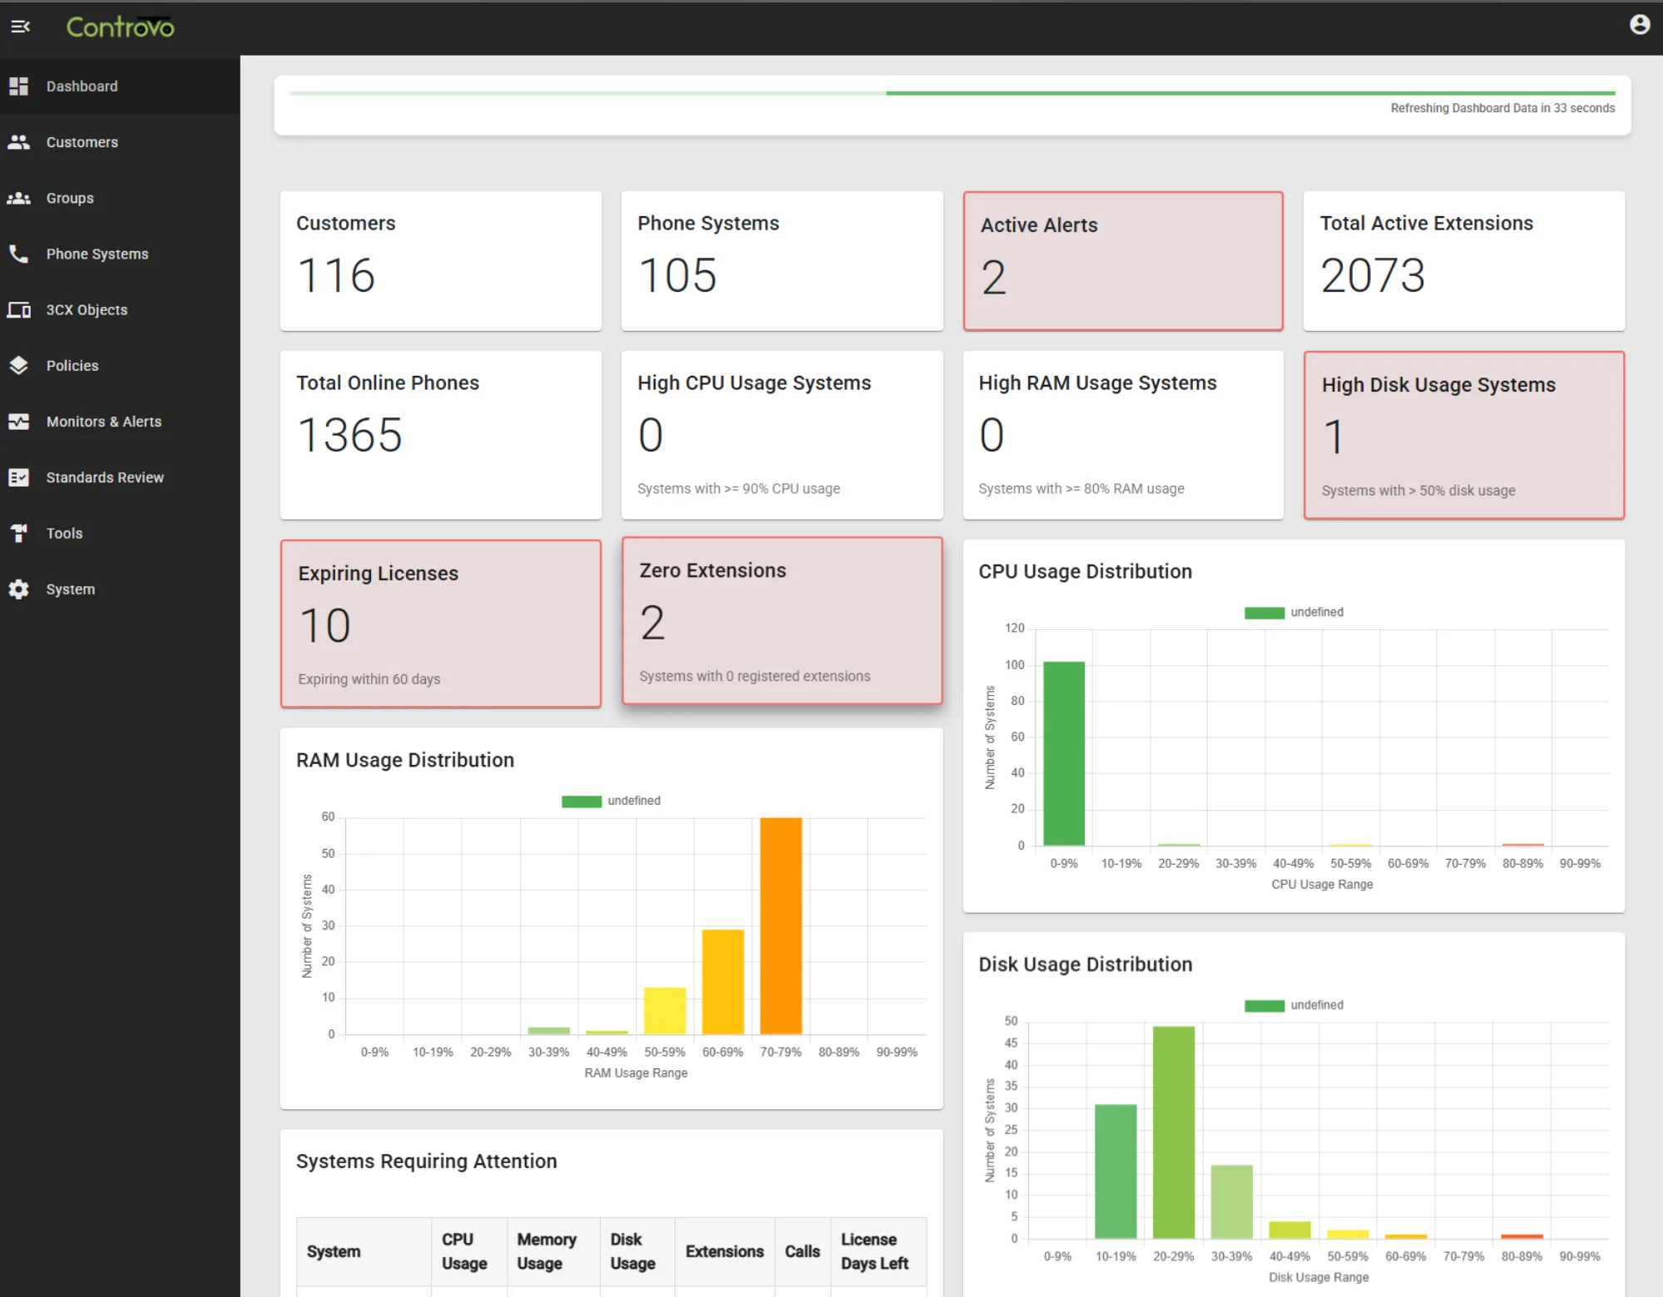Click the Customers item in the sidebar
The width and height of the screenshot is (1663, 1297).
point(82,142)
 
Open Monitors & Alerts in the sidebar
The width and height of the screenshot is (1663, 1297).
point(103,422)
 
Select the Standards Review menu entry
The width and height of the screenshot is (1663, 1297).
point(105,477)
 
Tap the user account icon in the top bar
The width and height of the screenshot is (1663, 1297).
point(1639,25)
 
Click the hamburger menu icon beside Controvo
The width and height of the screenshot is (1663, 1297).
point(20,27)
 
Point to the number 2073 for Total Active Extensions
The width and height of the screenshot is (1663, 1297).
point(1373,275)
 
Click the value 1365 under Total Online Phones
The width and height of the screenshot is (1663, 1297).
point(349,435)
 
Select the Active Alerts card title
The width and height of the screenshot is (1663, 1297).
point(1039,225)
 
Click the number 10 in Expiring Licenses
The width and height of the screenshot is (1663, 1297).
point(324,625)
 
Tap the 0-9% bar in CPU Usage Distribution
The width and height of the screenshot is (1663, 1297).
point(1063,753)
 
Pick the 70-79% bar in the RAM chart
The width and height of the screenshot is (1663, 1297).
point(780,925)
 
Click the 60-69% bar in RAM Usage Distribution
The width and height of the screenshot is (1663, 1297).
point(722,982)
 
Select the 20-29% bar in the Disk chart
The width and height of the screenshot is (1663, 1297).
point(1173,1132)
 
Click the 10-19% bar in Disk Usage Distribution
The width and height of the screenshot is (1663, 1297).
point(1115,1171)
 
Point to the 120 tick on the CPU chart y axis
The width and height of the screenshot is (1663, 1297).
point(1014,629)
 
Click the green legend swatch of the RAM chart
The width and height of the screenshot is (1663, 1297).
point(581,801)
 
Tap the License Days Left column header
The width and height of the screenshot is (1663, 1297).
point(874,1251)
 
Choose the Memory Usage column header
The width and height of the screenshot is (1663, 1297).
point(547,1251)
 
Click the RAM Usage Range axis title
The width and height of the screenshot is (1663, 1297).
point(636,1073)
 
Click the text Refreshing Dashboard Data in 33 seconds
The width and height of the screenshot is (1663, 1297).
point(1502,108)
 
